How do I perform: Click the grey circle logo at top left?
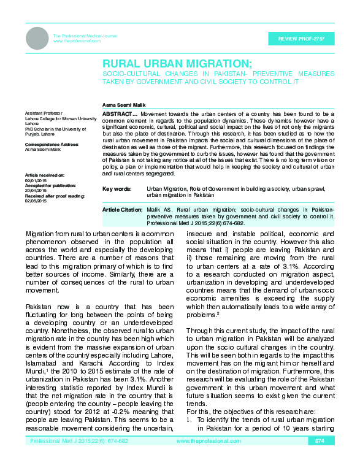coord(37,38)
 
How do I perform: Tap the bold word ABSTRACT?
coord(118,115)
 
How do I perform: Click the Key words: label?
coord(117,190)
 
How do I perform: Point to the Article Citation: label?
coord(123,210)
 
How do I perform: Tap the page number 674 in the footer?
coord(319,458)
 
